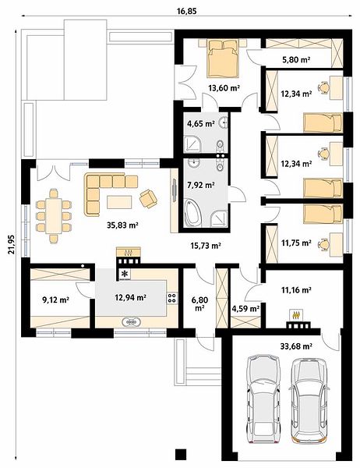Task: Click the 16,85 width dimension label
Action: [187, 12]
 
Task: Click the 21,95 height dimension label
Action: [12, 244]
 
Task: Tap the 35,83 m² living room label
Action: [122, 225]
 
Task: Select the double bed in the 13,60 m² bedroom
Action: [224, 58]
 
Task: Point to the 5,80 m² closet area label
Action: [296, 60]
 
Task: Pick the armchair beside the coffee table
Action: [148, 198]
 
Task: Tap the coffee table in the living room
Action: [119, 202]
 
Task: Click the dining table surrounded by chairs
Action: [54, 216]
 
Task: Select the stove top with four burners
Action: [171, 298]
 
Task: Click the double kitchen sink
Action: [131, 322]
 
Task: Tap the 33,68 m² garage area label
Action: [296, 346]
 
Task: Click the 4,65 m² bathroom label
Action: [201, 123]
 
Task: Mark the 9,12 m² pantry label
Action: [56, 300]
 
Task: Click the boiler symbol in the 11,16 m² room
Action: [296, 315]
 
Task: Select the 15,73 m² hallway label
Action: [206, 246]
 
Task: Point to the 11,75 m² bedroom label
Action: [296, 243]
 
